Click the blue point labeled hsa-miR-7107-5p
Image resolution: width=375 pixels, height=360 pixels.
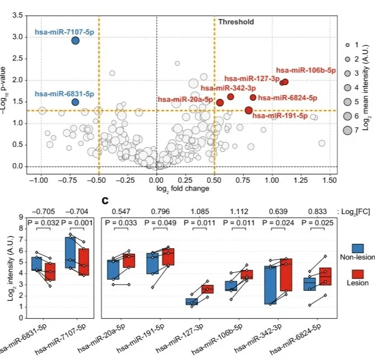pos(75,40)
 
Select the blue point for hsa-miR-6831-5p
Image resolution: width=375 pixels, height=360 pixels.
pos(75,102)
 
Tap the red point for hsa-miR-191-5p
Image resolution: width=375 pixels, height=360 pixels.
pos(249,110)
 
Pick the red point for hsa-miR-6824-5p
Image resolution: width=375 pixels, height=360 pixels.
pos(253,97)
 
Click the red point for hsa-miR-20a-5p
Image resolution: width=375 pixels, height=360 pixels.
pos(220,102)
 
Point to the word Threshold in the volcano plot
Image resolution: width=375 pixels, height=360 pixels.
pos(236,22)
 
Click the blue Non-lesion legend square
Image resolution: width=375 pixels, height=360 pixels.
pos(359,248)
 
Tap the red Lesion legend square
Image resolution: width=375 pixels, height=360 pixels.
pos(359,275)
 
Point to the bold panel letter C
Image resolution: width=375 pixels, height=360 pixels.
pos(105,200)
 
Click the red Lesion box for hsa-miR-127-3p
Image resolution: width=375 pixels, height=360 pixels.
pos(207,289)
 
